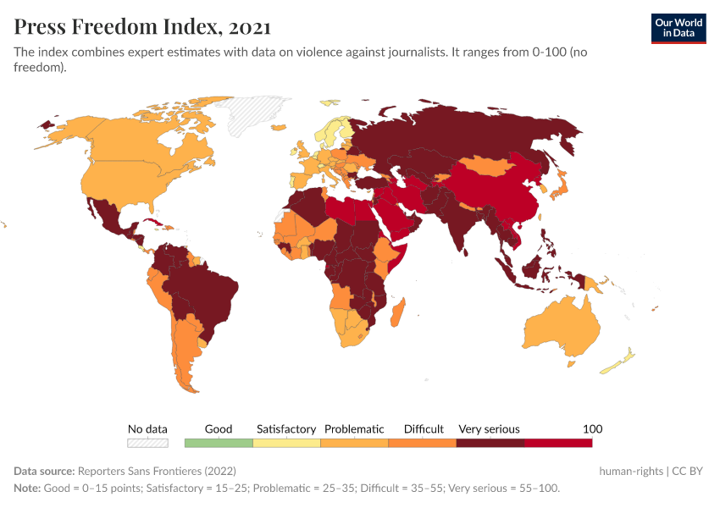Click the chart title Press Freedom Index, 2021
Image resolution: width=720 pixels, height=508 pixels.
[142, 27]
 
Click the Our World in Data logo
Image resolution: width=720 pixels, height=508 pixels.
[678, 27]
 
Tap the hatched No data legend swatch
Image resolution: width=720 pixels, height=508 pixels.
[147, 443]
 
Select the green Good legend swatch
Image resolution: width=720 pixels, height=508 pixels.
[219, 443]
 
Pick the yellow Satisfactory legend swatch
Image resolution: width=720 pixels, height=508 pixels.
[287, 443]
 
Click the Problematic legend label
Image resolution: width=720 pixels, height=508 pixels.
[354, 429]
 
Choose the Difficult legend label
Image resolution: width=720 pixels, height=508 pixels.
[424, 429]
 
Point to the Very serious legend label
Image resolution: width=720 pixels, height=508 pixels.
[489, 429]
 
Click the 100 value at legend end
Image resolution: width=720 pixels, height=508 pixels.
[592, 429]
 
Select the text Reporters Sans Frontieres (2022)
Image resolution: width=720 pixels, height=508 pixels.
[157, 471]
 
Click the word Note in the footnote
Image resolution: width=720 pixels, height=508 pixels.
[28, 489]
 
